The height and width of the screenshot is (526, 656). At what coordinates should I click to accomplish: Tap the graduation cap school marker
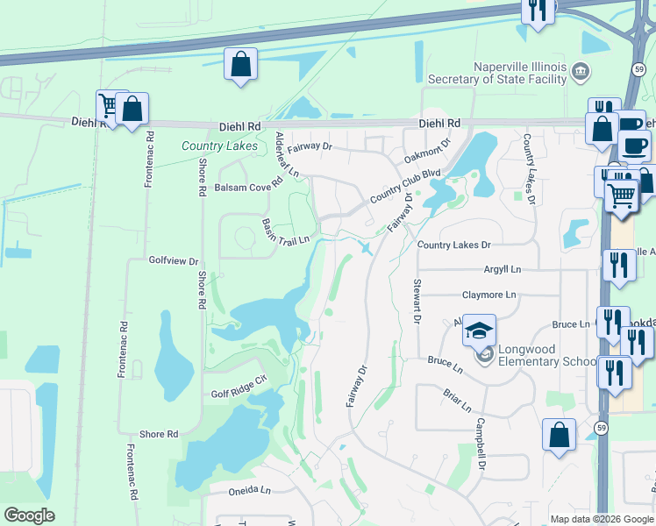479,331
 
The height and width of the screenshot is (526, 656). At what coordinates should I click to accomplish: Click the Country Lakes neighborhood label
219,146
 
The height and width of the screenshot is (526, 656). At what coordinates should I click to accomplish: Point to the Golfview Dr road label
175,261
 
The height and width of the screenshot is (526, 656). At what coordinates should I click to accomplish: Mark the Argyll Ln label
502,269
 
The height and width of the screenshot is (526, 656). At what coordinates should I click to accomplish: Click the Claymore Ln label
489,295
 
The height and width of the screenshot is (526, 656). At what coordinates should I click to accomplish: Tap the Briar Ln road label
457,401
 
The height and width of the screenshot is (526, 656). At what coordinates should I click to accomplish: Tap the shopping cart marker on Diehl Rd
109,106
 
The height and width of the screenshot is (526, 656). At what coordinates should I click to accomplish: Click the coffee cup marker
635,145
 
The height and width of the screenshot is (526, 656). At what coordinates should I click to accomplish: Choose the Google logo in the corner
29,515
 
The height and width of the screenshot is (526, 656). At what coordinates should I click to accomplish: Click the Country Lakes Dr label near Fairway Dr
453,245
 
